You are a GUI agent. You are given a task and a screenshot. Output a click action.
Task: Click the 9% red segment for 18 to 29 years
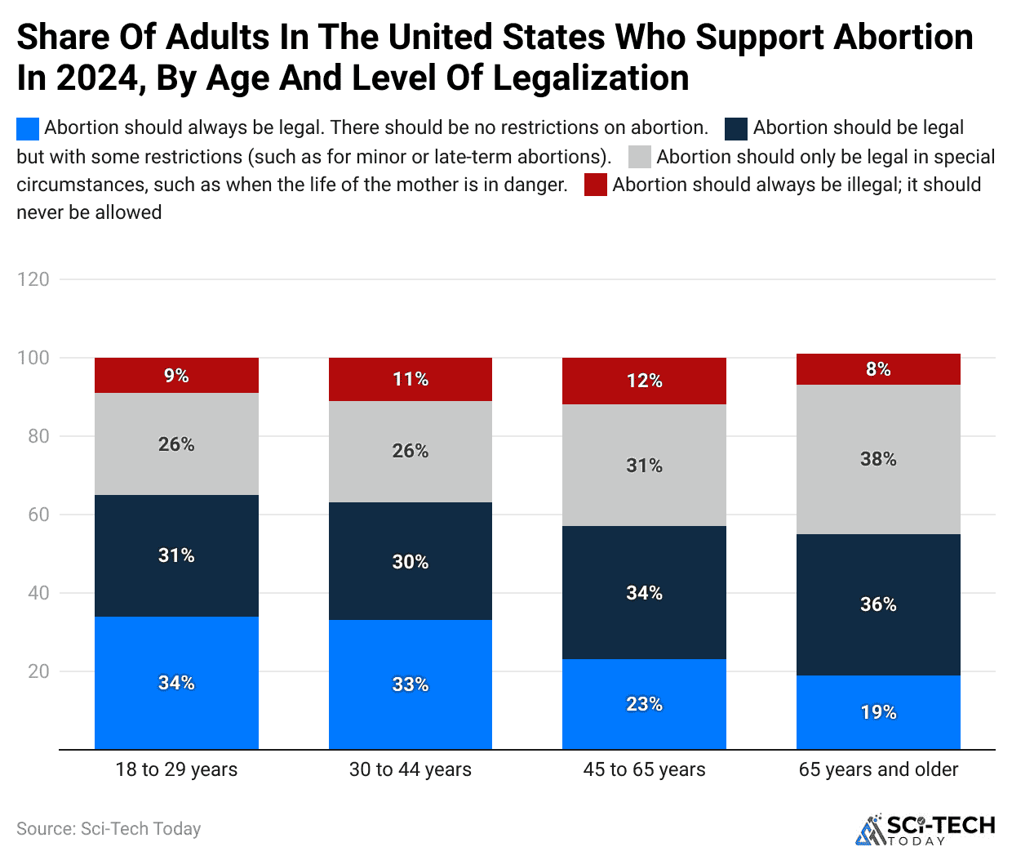pyautogui.click(x=176, y=376)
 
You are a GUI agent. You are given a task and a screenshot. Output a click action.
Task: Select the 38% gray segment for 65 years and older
pyautogui.click(x=878, y=459)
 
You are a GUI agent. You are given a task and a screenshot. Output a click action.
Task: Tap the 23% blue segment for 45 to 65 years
pyautogui.click(x=644, y=704)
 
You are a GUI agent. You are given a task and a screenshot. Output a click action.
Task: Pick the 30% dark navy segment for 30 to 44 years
pyautogui.click(x=410, y=561)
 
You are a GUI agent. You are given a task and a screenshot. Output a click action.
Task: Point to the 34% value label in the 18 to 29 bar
pyautogui.click(x=176, y=683)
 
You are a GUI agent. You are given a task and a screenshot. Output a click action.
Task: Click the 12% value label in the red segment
pyautogui.click(x=644, y=381)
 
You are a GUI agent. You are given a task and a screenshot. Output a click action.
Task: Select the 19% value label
pyautogui.click(x=878, y=712)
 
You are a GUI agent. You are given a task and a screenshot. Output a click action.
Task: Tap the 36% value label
pyautogui.click(x=878, y=604)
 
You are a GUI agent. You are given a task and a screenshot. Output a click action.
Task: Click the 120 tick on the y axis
pyautogui.click(x=33, y=279)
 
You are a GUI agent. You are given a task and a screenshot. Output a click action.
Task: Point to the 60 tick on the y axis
pyautogui.click(x=38, y=515)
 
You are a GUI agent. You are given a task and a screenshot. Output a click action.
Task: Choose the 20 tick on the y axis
pyautogui.click(x=38, y=671)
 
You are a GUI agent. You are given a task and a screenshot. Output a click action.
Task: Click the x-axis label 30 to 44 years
pyautogui.click(x=410, y=769)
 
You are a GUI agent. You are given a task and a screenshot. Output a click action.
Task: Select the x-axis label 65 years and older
pyautogui.click(x=878, y=769)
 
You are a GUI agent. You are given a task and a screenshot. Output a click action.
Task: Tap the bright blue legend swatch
pyautogui.click(x=28, y=129)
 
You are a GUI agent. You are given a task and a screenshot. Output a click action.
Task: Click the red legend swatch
pyautogui.click(x=596, y=185)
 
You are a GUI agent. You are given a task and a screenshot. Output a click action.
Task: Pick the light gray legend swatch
pyautogui.click(x=640, y=157)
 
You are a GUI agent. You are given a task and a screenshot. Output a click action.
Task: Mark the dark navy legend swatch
pyautogui.click(x=736, y=129)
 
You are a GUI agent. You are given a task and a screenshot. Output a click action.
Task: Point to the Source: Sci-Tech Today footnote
pyautogui.click(x=109, y=829)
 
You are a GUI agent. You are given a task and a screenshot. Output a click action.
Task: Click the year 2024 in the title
pyautogui.click(x=98, y=78)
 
